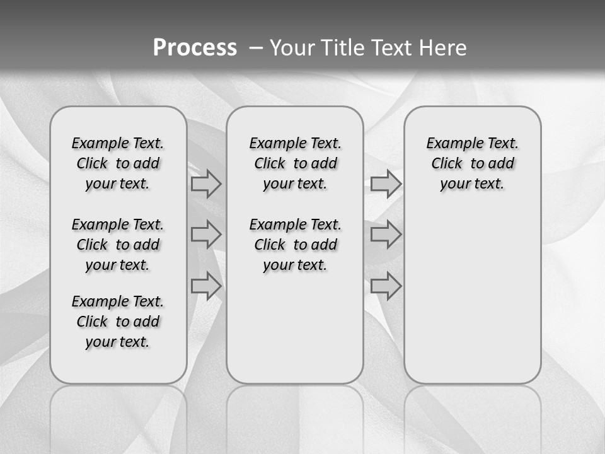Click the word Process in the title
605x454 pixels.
195,47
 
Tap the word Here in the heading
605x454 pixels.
443,48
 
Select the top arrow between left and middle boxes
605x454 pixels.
206,183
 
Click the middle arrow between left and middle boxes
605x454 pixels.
206,235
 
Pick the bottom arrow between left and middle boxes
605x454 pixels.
206,286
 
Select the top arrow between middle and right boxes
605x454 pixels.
386,183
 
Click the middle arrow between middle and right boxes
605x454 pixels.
386,235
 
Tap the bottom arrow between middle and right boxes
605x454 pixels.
386,286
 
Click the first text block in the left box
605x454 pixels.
118,163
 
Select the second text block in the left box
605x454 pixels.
118,245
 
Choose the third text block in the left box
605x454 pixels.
118,322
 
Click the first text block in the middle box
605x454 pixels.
295,163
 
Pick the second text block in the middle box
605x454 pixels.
295,245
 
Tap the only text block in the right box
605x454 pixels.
472,163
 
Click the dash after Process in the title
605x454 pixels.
256,48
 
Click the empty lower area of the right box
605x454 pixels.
472,303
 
